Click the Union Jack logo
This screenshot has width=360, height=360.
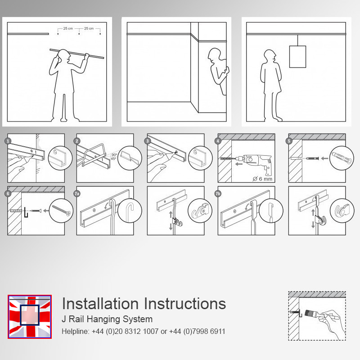coord(30,317)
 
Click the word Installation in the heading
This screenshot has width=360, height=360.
coord(100,303)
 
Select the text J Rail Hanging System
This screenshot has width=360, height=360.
coord(107,319)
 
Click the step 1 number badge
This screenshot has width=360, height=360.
coord(8,141)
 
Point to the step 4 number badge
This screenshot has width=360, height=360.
coord(218,141)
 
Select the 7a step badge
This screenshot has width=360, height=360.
coord(77,193)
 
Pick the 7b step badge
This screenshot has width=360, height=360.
coord(218,193)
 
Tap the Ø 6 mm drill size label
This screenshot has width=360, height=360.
coord(262,179)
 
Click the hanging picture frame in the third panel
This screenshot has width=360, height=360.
coord(297,57)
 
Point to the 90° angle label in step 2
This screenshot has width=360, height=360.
coord(114,155)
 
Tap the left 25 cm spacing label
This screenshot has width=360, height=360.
coord(68,28)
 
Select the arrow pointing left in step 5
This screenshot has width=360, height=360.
coord(324,158)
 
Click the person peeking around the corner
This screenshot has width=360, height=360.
coord(218,71)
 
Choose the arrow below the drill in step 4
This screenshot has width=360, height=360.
coord(239,164)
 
